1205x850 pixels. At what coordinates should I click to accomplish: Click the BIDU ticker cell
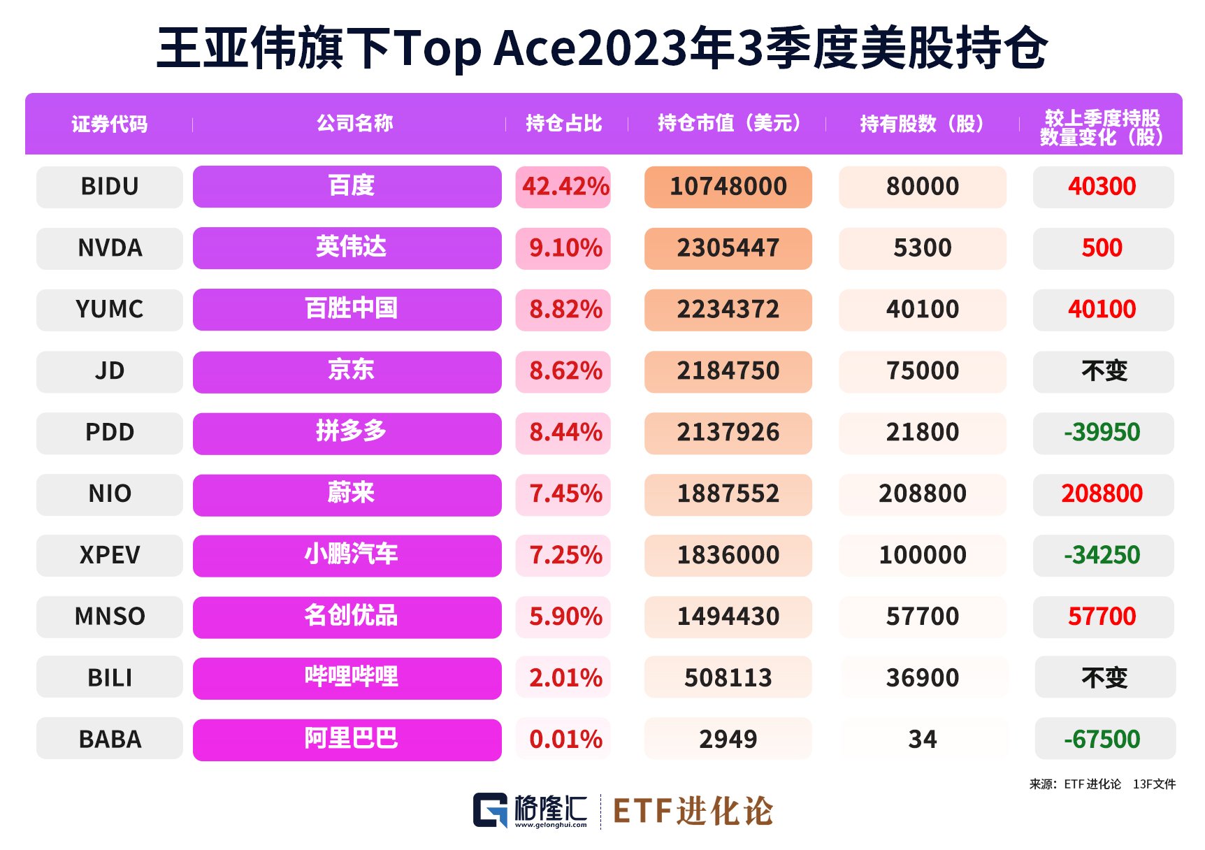tap(110, 187)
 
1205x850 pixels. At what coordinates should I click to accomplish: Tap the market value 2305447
tap(728, 248)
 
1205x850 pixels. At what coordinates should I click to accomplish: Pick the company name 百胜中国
tap(351, 309)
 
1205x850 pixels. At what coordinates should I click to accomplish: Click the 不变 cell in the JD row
tap(1104, 371)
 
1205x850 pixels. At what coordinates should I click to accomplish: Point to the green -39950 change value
tap(1102, 432)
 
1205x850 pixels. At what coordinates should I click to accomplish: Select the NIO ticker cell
tap(110, 494)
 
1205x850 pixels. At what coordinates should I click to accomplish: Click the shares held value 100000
tap(922, 555)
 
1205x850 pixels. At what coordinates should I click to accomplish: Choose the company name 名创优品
tap(351, 616)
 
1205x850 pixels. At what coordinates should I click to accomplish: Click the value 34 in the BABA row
tap(922, 740)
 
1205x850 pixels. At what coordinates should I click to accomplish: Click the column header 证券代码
tap(110, 124)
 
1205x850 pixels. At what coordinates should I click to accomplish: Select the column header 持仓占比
tap(563, 124)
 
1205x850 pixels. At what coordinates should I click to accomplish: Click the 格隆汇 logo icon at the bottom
tap(490, 810)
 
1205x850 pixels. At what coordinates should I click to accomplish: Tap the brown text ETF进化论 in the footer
tap(693, 812)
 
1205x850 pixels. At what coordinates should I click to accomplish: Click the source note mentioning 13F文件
tap(1154, 784)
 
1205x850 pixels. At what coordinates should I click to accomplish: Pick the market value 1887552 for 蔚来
tap(728, 494)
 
